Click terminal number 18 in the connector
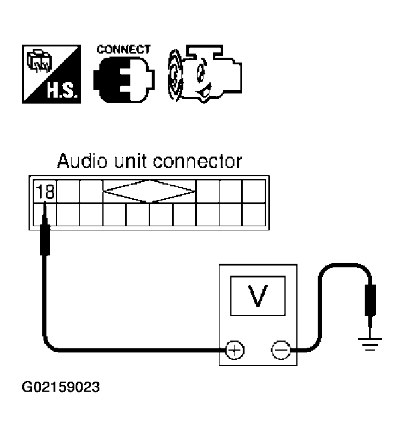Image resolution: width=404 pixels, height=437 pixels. point(45,192)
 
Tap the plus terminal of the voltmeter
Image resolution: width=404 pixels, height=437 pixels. point(234,349)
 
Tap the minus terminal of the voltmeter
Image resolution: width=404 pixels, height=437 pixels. point(281,349)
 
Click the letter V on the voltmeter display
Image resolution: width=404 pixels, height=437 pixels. point(258,296)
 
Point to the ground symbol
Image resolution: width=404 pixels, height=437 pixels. point(369,344)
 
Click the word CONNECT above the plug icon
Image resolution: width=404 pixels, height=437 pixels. point(124,49)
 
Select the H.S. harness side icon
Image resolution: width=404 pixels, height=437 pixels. point(52,74)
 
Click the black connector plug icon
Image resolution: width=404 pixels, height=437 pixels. point(124,80)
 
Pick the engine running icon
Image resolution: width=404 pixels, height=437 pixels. point(205,74)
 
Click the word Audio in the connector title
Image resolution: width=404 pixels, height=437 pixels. point(82,161)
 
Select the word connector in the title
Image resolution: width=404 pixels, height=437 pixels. point(198,162)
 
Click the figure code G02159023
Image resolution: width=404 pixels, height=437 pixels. point(61,387)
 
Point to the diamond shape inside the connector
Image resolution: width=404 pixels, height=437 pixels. point(149,191)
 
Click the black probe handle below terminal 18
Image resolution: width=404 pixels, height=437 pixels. point(45,240)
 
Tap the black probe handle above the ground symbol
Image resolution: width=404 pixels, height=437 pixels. point(370,301)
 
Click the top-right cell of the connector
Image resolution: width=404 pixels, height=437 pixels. point(253,192)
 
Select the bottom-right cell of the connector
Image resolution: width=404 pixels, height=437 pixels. point(253,214)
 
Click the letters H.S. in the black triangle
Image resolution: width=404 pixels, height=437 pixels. point(61,90)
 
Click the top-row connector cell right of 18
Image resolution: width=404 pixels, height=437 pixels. point(68,192)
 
